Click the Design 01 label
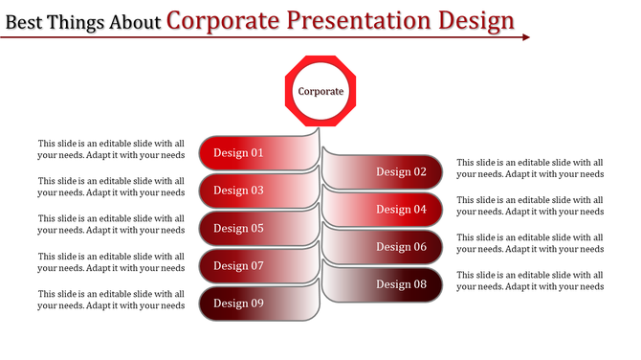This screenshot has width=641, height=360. pos(238,153)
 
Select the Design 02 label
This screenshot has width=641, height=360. pos(401,172)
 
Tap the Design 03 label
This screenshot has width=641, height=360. pos(238,191)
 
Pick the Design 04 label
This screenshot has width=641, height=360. pos(401,210)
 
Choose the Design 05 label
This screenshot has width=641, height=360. pos(238,229)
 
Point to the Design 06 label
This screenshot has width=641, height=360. pos(401,247)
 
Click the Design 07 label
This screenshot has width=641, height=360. pos(238,266)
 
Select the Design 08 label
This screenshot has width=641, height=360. pos(401,284)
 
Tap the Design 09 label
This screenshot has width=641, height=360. pos(238,304)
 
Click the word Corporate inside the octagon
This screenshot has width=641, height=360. pos(320,92)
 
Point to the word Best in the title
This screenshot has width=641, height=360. pos(26,21)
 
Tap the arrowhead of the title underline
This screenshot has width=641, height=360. pos(525,37)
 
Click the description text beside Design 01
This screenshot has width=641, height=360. pos(111,149)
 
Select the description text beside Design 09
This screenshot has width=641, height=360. pos(111,300)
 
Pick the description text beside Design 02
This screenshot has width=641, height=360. pos(530,169)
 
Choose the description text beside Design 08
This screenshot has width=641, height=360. pos(530,281)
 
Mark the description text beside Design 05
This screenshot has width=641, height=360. pos(111,224)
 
